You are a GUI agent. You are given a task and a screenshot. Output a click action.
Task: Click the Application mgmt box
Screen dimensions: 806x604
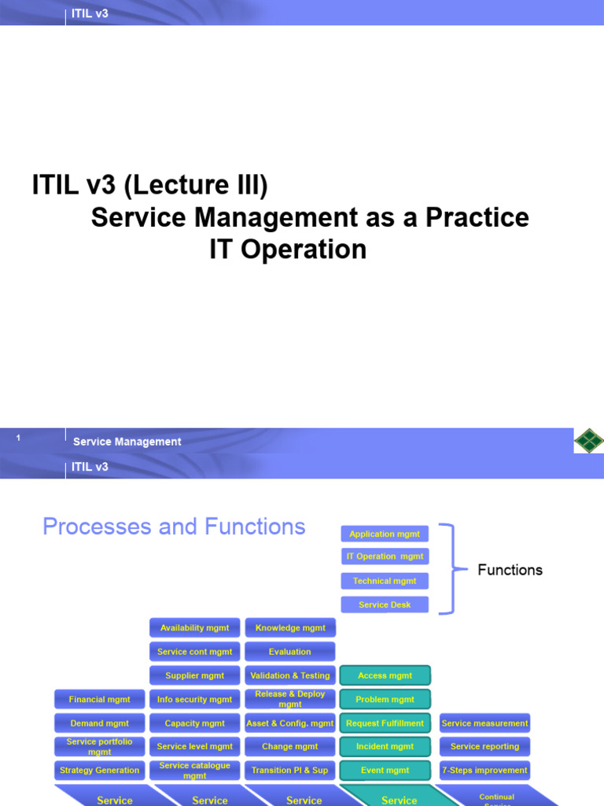coord(385,534)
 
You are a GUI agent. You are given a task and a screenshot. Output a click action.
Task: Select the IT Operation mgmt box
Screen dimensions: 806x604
coord(385,556)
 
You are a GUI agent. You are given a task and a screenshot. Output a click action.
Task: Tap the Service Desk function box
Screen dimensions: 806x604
coord(385,604)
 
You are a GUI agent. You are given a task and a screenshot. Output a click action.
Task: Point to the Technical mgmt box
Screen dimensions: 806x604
coord(385,581)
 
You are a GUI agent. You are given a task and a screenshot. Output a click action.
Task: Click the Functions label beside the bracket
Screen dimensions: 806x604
coord(510,570)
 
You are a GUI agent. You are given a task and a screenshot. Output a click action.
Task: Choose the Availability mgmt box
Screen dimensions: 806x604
coord(194,628)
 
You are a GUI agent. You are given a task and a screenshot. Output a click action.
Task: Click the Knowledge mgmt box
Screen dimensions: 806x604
coord(289,628)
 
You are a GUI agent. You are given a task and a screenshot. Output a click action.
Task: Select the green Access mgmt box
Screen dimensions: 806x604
coord(385,675)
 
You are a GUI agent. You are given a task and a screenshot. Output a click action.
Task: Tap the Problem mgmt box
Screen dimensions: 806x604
coord(385,699)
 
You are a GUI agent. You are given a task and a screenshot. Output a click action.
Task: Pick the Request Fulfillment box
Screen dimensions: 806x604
coord(385,723)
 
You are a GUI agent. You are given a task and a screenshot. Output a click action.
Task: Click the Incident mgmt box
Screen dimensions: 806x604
coord(385,746)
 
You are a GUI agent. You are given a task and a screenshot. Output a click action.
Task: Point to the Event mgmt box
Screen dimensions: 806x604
coord(385,770)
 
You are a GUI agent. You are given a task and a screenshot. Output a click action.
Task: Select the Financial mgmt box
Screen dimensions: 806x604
coord(99,699)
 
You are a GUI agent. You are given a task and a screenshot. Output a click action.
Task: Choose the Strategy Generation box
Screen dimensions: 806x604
coord(99,770)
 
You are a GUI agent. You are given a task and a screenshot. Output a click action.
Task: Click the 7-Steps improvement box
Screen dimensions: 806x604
coord(484,770)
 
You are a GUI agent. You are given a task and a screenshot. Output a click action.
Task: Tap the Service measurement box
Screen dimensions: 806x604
coord(484,723)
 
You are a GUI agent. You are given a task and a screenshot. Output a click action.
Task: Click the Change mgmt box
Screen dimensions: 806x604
coord(289,746)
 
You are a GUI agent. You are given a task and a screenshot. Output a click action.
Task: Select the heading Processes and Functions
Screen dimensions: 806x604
coord(174,527)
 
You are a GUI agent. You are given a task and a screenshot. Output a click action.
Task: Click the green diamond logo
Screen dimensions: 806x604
coord(587,441)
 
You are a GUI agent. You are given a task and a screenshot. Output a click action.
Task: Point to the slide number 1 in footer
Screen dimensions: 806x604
coord(18,438)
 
